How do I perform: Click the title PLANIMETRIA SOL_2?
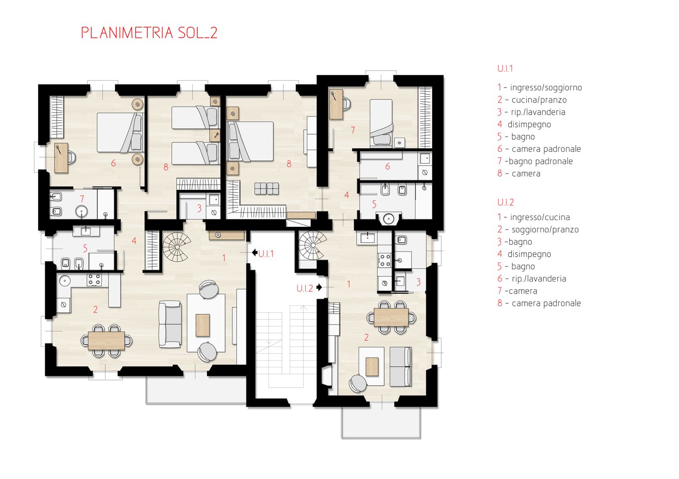(x=149, y=33)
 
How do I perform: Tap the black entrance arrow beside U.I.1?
(x=254, y=252)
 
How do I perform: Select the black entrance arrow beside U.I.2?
(x=319, y=287)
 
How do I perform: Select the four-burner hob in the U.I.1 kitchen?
(x=94, y=280)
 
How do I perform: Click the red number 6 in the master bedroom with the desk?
(x=113, y=163)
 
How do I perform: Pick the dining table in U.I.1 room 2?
(x=106, y=340)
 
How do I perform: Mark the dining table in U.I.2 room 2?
(x=391, y=317)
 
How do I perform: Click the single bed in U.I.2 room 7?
(x=381, y=123)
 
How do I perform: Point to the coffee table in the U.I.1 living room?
(x=202, y=325)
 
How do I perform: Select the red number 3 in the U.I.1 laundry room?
(x=199, y=208)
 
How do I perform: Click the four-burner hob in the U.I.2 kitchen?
(x=385, y=260)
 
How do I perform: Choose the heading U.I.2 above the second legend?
(x=505, y=202)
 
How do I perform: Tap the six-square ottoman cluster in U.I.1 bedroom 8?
(x=267, y=188)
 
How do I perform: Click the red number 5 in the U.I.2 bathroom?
(x=374, y=204)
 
